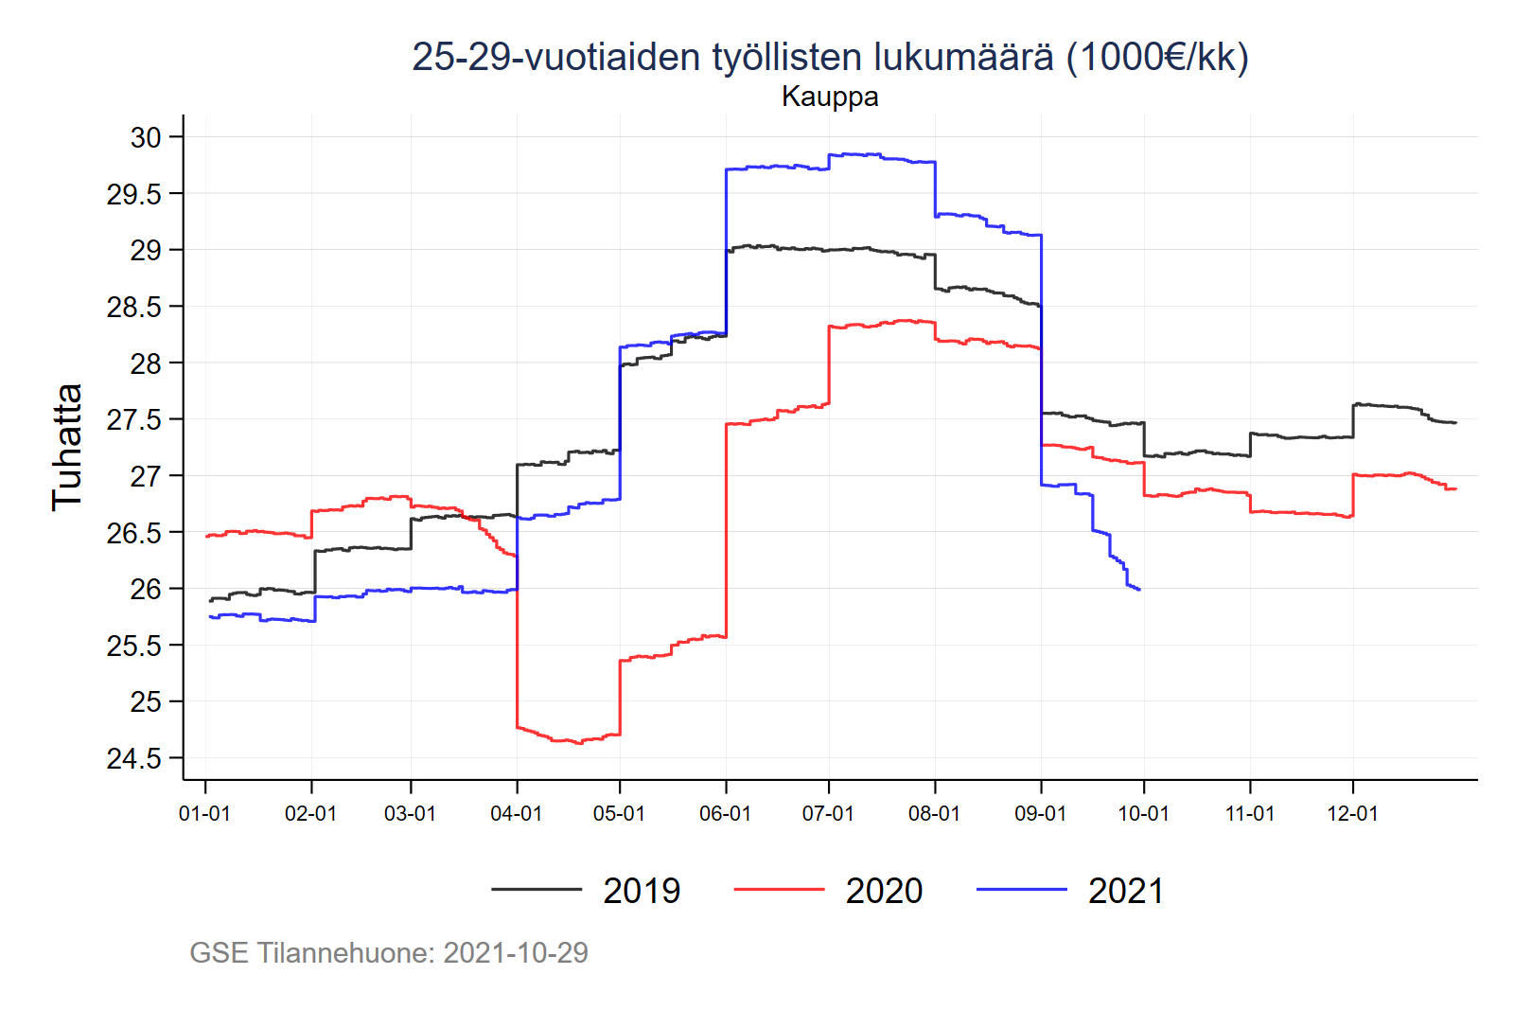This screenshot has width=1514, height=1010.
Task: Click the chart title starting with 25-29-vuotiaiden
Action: click(830, 57)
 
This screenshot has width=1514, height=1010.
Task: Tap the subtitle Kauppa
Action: click(830, 97)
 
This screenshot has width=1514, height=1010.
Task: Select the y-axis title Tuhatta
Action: click(67, 447)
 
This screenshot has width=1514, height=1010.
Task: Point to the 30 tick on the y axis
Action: click(146, 137)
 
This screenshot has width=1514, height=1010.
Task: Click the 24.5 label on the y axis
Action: click(133, 758)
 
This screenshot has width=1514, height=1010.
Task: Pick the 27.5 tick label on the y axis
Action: click(133, 419)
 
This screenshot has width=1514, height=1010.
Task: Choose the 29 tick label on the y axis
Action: click(146, 250)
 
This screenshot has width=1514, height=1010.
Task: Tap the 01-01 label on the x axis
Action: click(204, 814)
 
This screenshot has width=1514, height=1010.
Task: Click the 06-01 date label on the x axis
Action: click(725, 814)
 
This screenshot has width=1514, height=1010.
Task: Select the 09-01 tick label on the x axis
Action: click(1040, 814)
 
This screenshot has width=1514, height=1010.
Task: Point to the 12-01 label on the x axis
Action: click(1352, 814)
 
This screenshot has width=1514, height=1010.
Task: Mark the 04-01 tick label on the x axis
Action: click(516, 814)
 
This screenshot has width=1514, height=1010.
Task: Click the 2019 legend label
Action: click(642, 891)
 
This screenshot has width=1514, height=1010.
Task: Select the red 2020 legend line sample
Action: click(779, 890)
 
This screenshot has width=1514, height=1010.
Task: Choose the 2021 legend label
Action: click(1126, 891)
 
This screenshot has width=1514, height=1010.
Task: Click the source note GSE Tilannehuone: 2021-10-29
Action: click(389, 952)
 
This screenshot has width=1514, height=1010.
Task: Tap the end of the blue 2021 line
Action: click(1139, 590)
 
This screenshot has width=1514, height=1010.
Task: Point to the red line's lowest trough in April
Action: click(578, 743)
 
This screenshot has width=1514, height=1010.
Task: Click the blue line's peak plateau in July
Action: click(856, 154)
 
